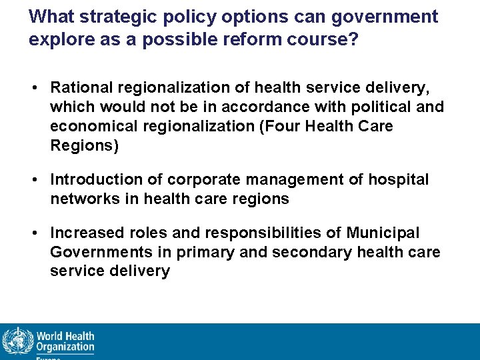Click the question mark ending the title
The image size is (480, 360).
pos(353,40)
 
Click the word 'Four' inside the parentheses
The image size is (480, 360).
pos(283,126)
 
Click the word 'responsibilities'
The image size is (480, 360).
pos(265,233)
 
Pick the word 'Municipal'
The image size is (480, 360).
pos(383,233)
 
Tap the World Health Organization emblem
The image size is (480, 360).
pos(17,341)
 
